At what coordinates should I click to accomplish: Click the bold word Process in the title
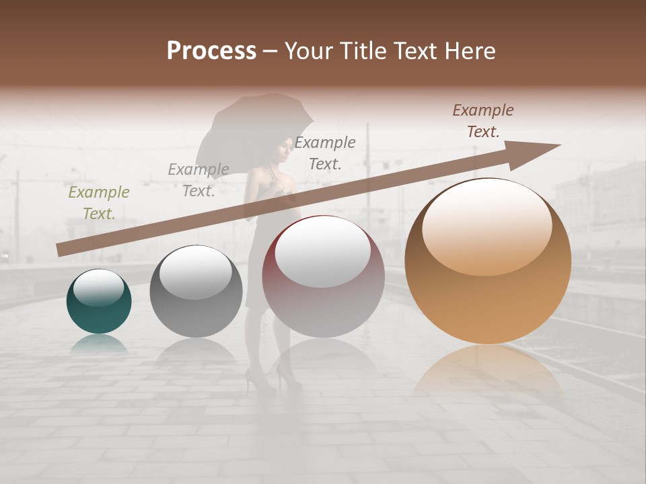(x=211, y=51)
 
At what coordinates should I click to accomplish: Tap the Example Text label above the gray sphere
(x=198, y=180)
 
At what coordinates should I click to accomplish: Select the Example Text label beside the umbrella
(x=325, y=153)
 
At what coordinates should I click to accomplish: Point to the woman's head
(x=283, y=149)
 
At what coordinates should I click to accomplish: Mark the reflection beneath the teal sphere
(x=99, y=344)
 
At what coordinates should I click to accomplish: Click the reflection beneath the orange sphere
(x=487, y=370)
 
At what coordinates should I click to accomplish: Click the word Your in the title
(x=309, y=51)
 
